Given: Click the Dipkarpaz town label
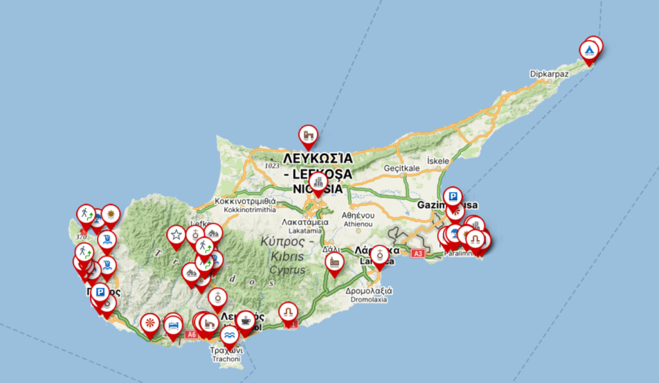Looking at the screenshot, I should coord(549,74).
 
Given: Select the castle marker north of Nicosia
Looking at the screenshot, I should coord(308,135).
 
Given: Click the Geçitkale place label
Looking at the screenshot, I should coord(402,168).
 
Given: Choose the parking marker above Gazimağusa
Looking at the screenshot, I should coord(453,196).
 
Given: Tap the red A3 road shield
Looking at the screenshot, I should coord(418,254).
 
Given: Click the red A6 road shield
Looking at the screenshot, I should coord(191,335).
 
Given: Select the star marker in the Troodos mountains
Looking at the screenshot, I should coord(176,235).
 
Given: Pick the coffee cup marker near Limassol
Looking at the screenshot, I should coord(245,320).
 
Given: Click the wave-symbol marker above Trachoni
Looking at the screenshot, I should coord(229,335).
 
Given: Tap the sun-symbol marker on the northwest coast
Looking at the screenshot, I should coord(111,213).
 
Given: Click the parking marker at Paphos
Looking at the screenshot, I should coord(100,294).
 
